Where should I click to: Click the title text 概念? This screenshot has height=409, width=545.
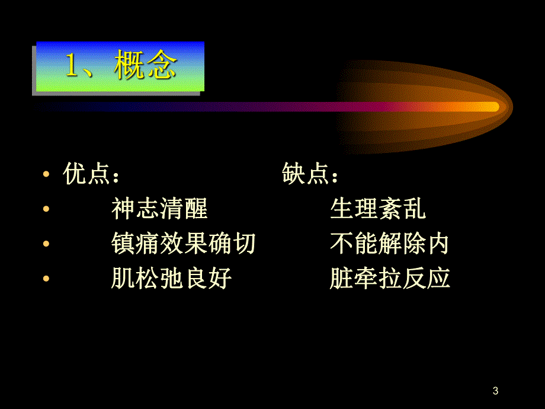coord(145,67)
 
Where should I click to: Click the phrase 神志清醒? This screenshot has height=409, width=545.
coord(159,209)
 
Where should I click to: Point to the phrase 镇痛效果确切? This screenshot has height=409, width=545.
coord(184,243)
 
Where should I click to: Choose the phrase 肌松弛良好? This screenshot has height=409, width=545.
coord(171,277)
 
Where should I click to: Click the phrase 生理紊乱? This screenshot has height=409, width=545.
coord(378,209)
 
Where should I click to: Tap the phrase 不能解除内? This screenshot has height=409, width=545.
coord(390,243)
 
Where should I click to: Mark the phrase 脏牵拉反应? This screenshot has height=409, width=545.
coord(390,277)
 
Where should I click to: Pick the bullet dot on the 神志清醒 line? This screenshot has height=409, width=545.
coord(46,210)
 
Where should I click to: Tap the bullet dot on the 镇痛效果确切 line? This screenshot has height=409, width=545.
coord(46,244)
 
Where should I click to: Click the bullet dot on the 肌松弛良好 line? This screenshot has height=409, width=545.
coord(46,279)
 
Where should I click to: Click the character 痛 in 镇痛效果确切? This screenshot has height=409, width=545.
coord(148,243)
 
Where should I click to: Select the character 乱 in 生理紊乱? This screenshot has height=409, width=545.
coord(414,209)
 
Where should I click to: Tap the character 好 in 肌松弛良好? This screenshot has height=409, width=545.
coord(220,277)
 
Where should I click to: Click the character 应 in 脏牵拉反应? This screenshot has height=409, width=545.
coord(438,277)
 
